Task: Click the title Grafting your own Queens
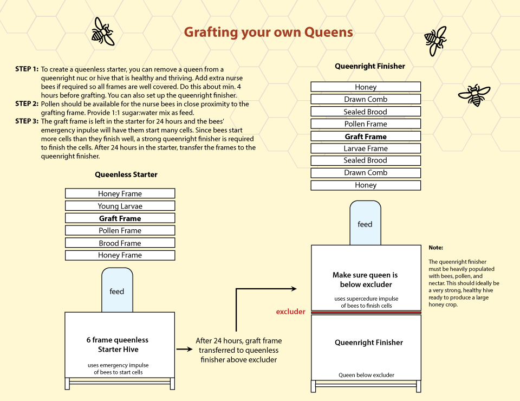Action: tap(268, 32)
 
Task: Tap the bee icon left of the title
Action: tap(103, 31)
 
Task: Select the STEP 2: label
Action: tap(27, 104)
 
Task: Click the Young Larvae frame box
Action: tap(120, 206)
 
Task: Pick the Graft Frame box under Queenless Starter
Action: tap(120, 218)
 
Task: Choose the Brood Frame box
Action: tap(120, 243)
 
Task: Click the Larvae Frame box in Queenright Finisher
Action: tap(366, 148)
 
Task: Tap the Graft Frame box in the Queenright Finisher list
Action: tap(366, 137)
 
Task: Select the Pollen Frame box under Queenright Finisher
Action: tap(366, 124)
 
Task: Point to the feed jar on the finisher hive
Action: tap(365, 223)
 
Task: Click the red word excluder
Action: tap(290, 312)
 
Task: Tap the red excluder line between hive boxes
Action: tap(366, 313)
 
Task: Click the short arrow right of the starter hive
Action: tap(184, 349)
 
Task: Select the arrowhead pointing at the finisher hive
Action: tap(294, 289)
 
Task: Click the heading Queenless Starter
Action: tap(126, 174)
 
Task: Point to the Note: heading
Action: tap(435, 248)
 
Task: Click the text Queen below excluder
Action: tap(367, 375)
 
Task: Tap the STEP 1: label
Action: tap(27, 69)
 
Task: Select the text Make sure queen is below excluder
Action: tap(366, 280)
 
